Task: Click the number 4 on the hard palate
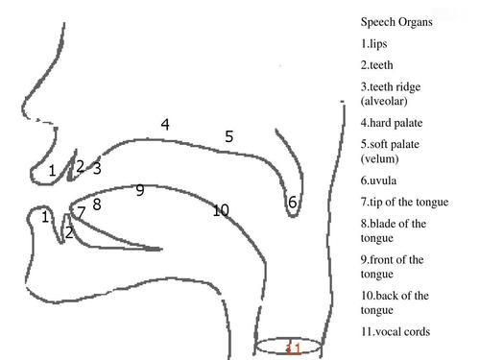165,124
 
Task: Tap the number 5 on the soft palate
228,136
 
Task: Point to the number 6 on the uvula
293,202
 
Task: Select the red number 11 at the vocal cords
295,348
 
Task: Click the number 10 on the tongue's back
221,210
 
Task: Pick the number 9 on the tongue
140,190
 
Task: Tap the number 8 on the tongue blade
97,204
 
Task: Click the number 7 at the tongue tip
82,210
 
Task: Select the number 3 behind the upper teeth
97,168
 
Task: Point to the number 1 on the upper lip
52,171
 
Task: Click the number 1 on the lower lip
45,217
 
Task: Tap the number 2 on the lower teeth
69,232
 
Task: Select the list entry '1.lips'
377,43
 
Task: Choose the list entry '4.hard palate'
392,122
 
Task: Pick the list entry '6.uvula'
380,180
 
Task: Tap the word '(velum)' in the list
380,158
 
